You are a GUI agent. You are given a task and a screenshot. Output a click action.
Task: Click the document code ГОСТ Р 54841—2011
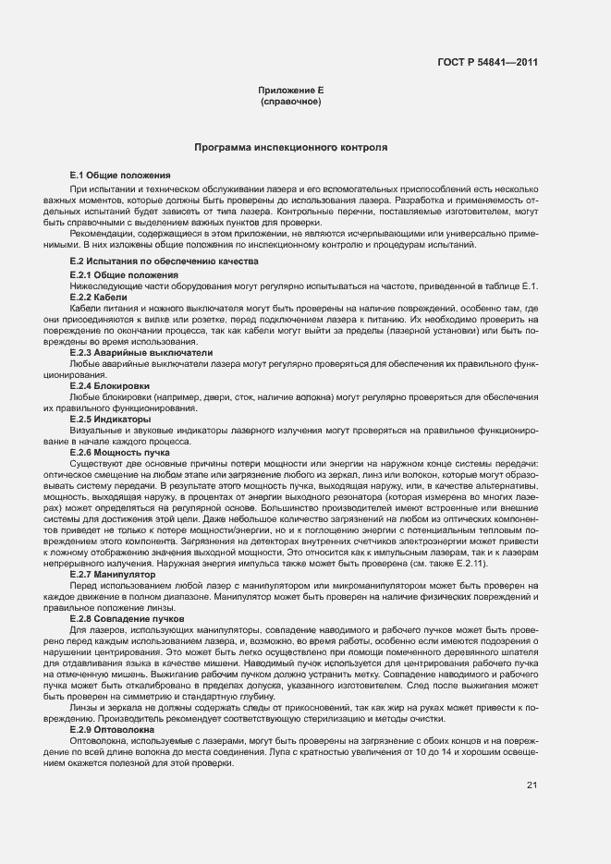click(x=488, y=63)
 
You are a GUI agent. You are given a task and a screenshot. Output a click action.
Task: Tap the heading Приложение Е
click(x=290, y=91)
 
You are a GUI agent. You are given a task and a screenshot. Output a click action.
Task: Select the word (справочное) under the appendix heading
click(x=290, y=102)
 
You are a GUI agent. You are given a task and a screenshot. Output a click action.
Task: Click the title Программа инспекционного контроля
click(x=290, y=148)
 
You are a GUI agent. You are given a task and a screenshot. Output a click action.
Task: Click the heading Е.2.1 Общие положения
click(x=124, y=275)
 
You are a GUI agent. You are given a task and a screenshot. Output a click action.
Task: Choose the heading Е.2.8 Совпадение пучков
click(x=128, y=616)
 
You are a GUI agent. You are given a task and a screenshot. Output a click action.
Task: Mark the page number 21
click(x=532, y=785)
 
